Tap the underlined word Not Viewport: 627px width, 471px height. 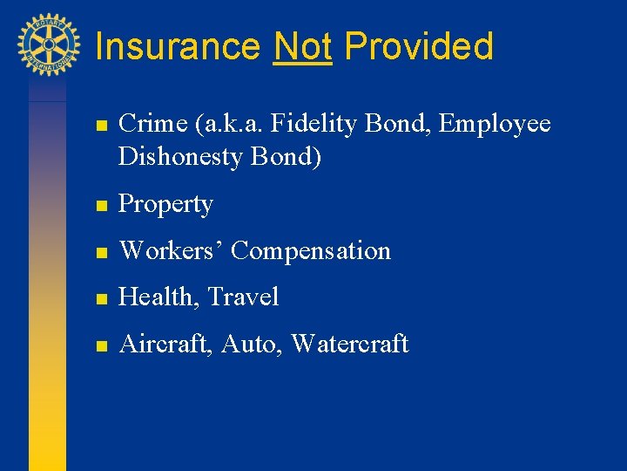(302, 46)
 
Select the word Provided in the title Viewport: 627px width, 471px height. (419, 46)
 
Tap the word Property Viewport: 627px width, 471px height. (165, 205)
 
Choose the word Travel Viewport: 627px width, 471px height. (243, 297)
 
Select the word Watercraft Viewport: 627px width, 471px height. (349, 345)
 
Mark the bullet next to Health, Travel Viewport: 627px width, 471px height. (101, 299)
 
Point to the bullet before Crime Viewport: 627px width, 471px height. (101, 126)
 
